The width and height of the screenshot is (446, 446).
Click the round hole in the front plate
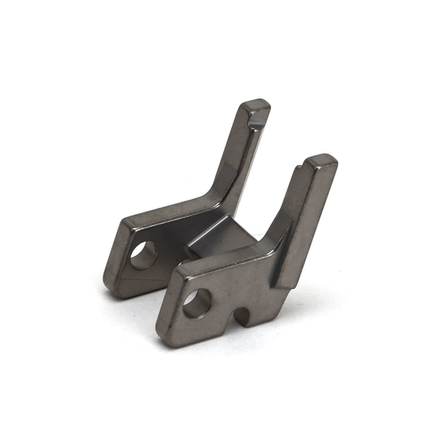point(198,303)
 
